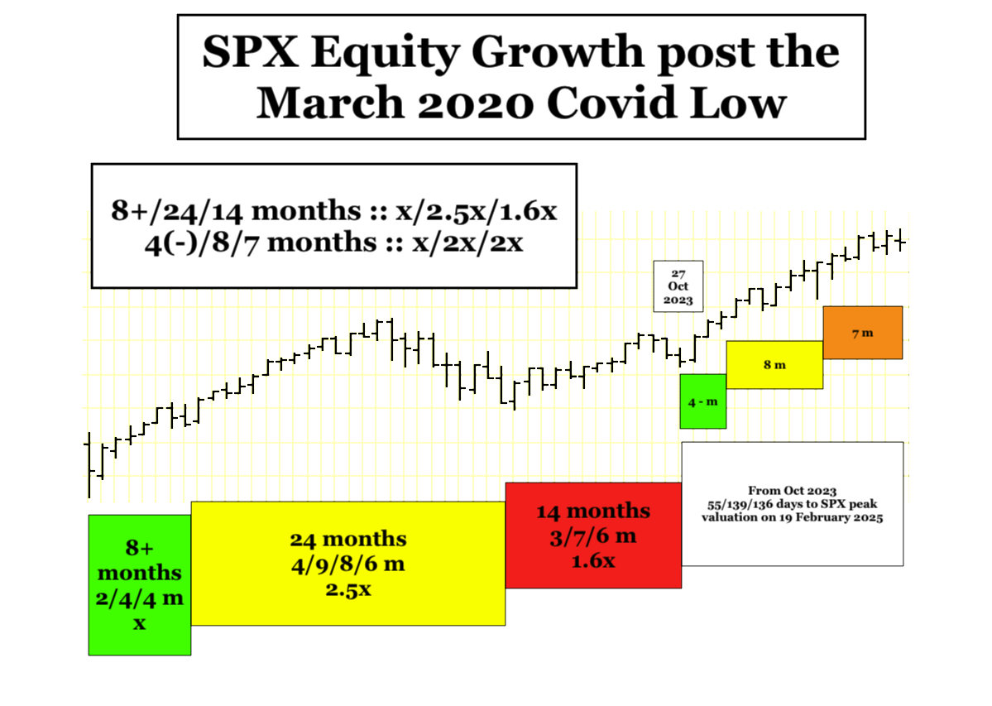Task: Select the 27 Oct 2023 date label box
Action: (678, 286)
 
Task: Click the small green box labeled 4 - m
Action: (703, 401)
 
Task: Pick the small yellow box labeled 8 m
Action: (774, 365)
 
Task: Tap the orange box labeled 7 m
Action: (863, 333)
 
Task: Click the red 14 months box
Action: (593, 536)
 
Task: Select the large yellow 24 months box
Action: (348, 564)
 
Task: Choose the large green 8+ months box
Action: (140, 585)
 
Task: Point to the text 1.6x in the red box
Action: (592, 561)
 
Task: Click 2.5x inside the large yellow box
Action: (348, 589)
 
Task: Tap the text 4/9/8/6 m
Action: (348, 564)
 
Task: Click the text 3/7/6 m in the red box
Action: (592, 536)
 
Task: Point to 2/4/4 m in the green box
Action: (140, 598)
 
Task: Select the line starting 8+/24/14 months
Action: (334, 211)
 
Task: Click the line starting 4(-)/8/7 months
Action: (334, 243)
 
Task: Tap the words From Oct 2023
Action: (792, 491)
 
